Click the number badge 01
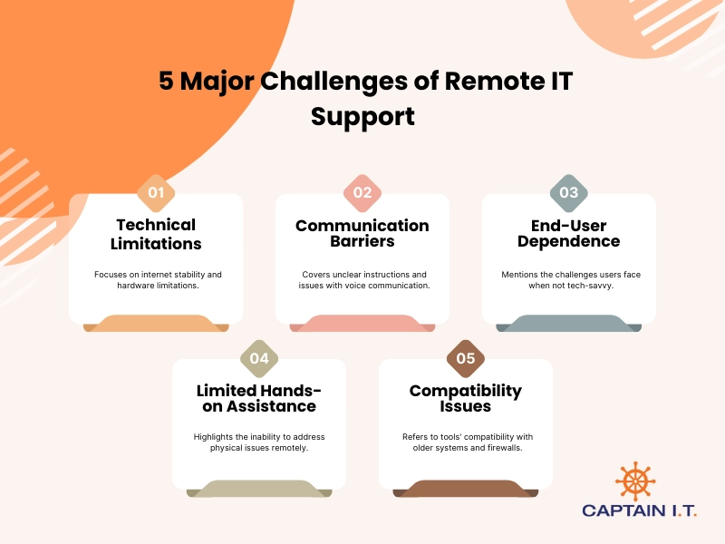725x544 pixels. coord(156,192)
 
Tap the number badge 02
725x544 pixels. coord(362,192)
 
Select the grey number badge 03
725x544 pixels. coord(569,192)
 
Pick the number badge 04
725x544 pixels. coord(259,358)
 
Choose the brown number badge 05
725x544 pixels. coord(466,358)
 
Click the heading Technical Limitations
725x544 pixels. coord(156,234)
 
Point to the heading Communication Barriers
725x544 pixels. coord(362,234)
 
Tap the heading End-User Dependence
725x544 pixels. coord(569,234)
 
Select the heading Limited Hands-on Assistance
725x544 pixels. coord(259,399)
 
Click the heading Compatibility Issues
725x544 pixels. coord(466,399)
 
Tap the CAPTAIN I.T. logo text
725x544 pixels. coord(640,512)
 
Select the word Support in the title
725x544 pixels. coord(362,116)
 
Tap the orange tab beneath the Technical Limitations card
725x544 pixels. coord(156,324)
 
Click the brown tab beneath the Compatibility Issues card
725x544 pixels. coord(466,490)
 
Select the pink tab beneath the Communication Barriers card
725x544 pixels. coord(362,324)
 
